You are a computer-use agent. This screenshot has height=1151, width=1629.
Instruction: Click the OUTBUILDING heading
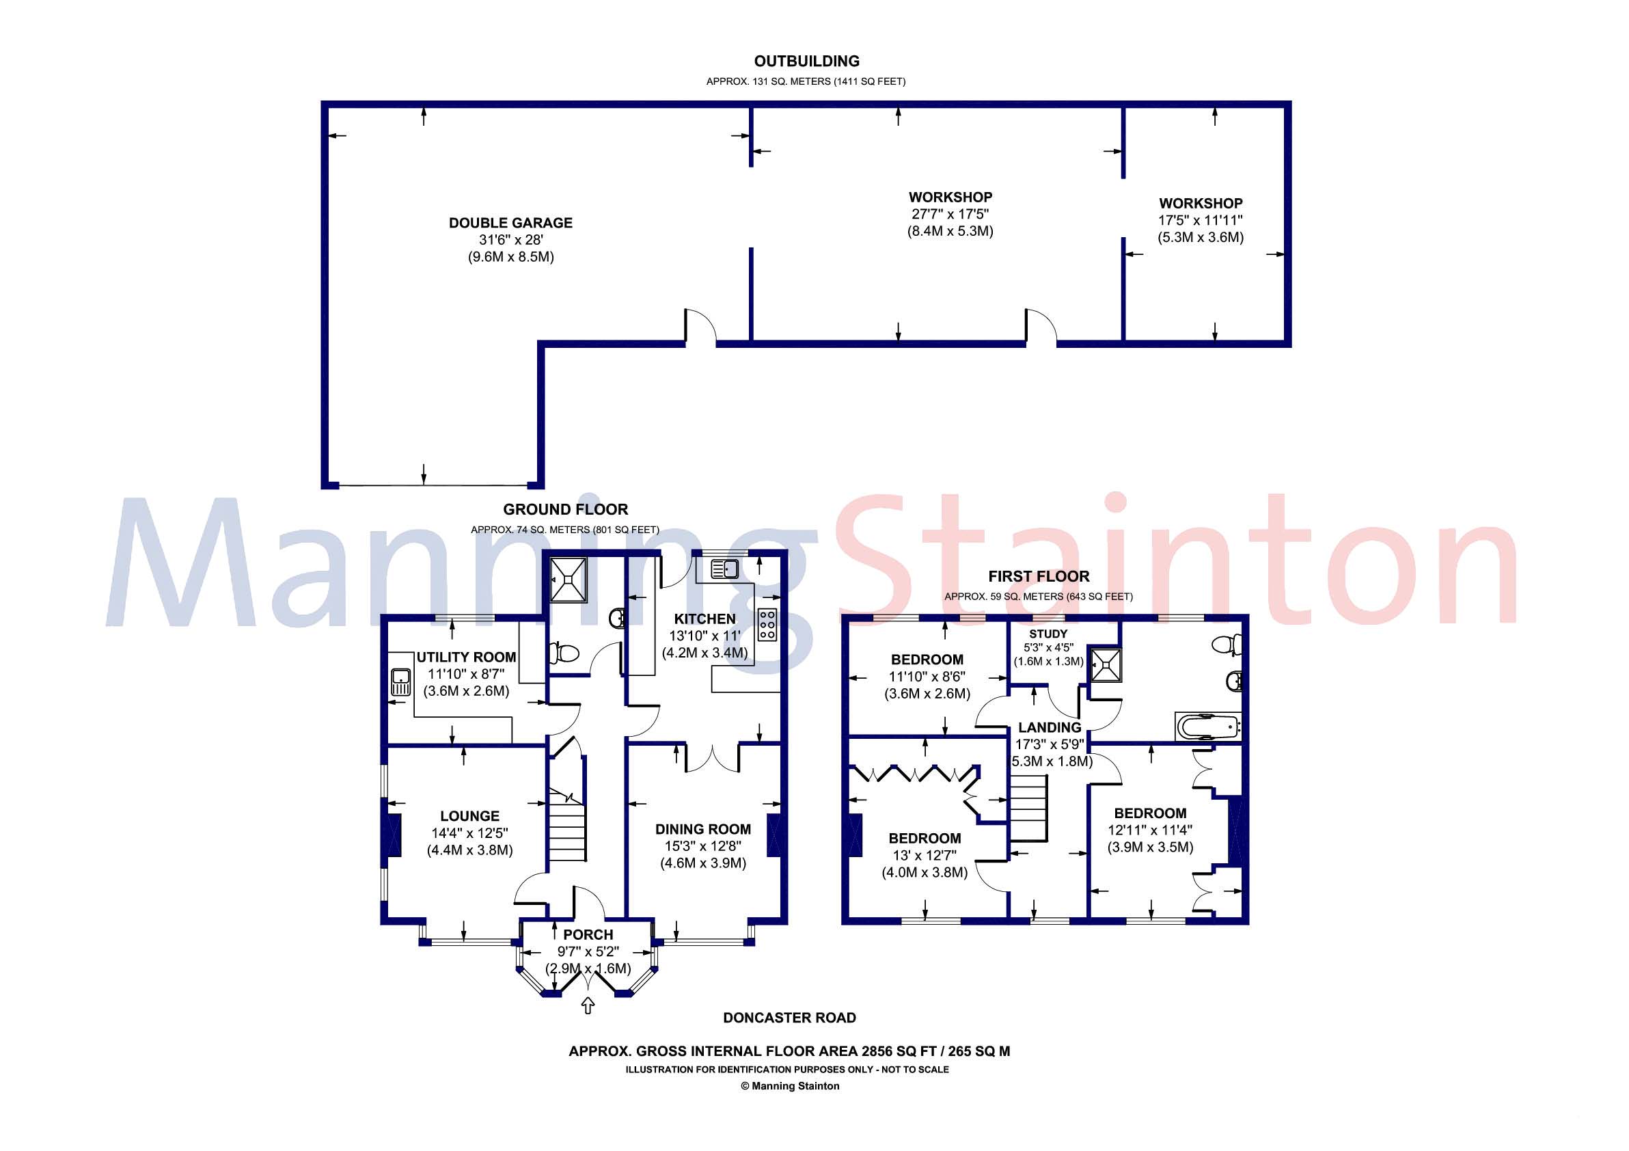[x=806, y=61]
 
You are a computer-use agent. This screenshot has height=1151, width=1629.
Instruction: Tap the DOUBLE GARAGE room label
[x=510, y=223]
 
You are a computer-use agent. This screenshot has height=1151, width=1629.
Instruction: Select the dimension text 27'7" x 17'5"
[x=950, y=214]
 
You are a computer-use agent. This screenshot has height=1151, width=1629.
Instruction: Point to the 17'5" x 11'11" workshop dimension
[x=1201, y=221]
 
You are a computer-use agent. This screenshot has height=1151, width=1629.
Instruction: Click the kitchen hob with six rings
[x=767, y=625]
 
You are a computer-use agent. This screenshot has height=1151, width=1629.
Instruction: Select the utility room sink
[x=401, y=682]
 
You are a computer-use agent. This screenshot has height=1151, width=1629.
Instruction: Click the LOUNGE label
[x=469, y=816]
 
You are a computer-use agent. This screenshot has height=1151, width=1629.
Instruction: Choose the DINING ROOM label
[x=702, y=829]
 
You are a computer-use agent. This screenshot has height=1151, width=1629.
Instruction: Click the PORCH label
[x=588, y=934]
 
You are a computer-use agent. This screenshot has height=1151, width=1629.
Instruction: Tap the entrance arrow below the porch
[x=588, y=1005]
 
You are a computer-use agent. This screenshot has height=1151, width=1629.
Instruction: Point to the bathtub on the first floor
[x=1207, y=726]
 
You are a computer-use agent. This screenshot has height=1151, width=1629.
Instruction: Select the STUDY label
[x=1048, y=634]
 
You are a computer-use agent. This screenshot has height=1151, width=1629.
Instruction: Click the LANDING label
[x=1050, y=727]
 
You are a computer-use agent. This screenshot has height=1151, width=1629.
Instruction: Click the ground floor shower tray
[x=569, y=579]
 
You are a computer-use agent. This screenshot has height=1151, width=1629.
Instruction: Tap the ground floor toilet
[x=566, y=651]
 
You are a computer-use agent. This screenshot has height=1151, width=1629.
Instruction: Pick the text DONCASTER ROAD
[x=789, y=1018]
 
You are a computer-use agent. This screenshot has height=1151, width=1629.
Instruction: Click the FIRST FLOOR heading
[x=1038, y=576]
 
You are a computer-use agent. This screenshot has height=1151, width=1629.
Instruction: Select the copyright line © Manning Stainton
[x=790, y=1085]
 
